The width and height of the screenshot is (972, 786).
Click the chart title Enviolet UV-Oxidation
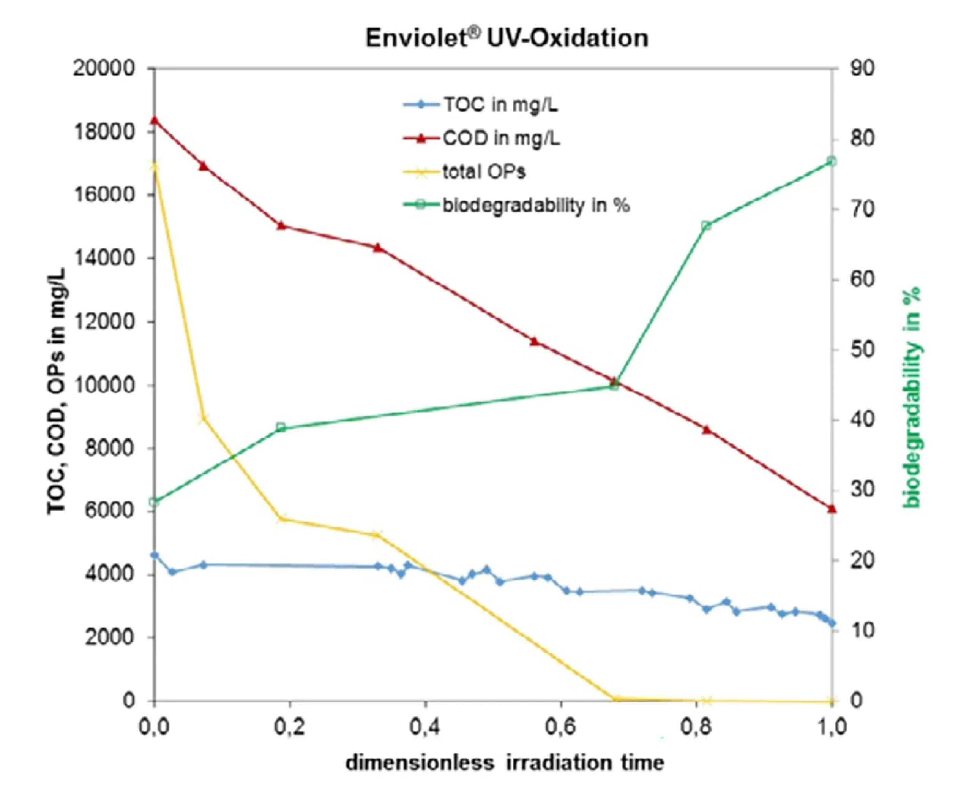pos(507,38)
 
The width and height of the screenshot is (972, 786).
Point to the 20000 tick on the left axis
pos(104,68)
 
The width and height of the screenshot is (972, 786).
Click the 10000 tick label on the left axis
pos(104,385)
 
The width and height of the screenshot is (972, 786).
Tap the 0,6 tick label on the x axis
pos(561,727)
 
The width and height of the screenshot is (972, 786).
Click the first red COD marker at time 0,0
pos(154,120)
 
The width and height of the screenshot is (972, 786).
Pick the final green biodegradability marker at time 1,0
pos(832,161)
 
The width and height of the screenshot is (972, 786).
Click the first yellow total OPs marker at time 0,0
pos(154,166)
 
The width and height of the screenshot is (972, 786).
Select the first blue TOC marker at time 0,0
pos(154,555)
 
